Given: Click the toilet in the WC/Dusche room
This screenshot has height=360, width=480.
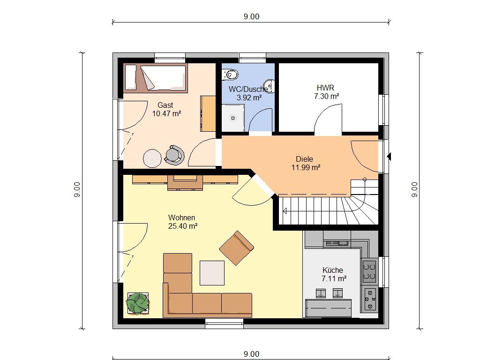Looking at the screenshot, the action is [230, 75].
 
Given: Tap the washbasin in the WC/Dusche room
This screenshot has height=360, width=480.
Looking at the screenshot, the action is [270, 85].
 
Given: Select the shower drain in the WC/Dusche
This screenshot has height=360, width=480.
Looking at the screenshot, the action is [233, 118].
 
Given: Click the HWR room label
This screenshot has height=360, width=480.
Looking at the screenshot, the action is [325, 88].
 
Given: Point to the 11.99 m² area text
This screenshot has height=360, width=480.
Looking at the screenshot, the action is [306, 167].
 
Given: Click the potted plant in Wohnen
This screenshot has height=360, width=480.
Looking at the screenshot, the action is [138, 303].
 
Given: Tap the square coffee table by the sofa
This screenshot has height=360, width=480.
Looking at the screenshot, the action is [212, 273].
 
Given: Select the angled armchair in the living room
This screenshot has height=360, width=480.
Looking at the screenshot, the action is [237, 248].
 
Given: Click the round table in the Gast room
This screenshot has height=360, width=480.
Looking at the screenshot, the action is [152, 158].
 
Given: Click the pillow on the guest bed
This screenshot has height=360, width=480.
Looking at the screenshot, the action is [131, 77].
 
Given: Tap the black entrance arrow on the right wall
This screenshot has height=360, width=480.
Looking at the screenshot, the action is [389, 157].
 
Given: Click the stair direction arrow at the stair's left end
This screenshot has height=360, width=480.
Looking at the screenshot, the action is [285, 211].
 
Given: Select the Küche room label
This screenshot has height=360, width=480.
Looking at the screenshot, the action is [333, 270].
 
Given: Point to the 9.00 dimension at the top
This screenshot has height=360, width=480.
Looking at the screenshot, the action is [251, 16].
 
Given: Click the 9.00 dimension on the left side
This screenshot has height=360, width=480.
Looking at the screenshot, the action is [77, 189].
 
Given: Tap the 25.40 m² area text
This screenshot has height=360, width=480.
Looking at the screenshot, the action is [183, 226].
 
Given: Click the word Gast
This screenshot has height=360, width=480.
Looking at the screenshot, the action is [165, 105].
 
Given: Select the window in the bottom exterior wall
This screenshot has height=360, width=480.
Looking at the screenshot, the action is [225, 323].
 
